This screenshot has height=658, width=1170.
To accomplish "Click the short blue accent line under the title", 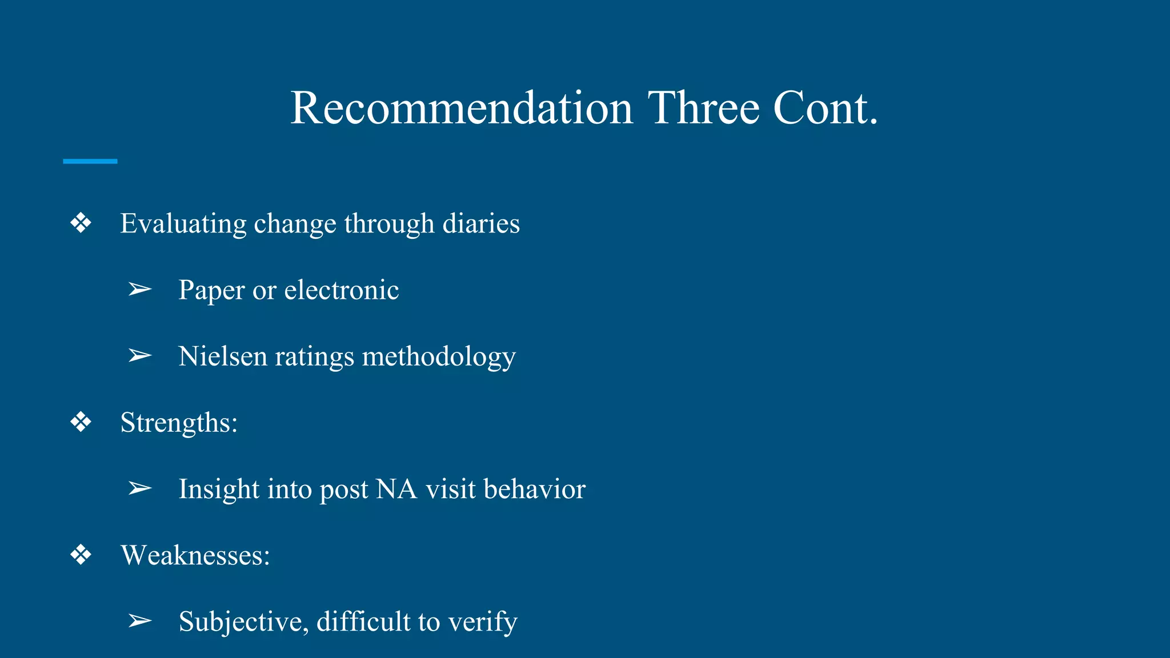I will pyautogui.click(x=90, y=162).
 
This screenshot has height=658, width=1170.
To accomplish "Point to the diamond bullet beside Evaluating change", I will pyautogui.click(x=81, y=223).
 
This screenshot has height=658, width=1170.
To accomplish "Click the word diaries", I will pyautogui.click(x=481, y=223).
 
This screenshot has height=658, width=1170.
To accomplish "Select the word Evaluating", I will pyautogui.click(x=183, y=223).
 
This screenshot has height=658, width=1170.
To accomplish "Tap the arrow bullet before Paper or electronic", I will pyautogui.click(x=139, y=290).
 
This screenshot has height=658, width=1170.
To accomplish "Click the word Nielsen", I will pyautogui.click(x=223, y=356).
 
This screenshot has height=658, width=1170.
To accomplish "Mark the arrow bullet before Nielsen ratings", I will pyautogui.click(x=139, y=356).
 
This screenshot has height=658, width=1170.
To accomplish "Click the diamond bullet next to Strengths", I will pyautogui.click(x=81, y=423).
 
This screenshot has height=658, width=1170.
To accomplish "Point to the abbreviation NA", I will pyautogui.click(x=397, y=489).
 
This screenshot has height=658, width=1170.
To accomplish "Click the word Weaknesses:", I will pyautogui.click(x=195, y=555).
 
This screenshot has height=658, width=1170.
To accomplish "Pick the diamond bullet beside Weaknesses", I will pyautogui.click(x=81, y=555).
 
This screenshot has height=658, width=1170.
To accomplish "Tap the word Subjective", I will pyautogui.click(x=243, y=621).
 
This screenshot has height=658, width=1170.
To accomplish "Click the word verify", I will pyautogui.click(x=483, y=621).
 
